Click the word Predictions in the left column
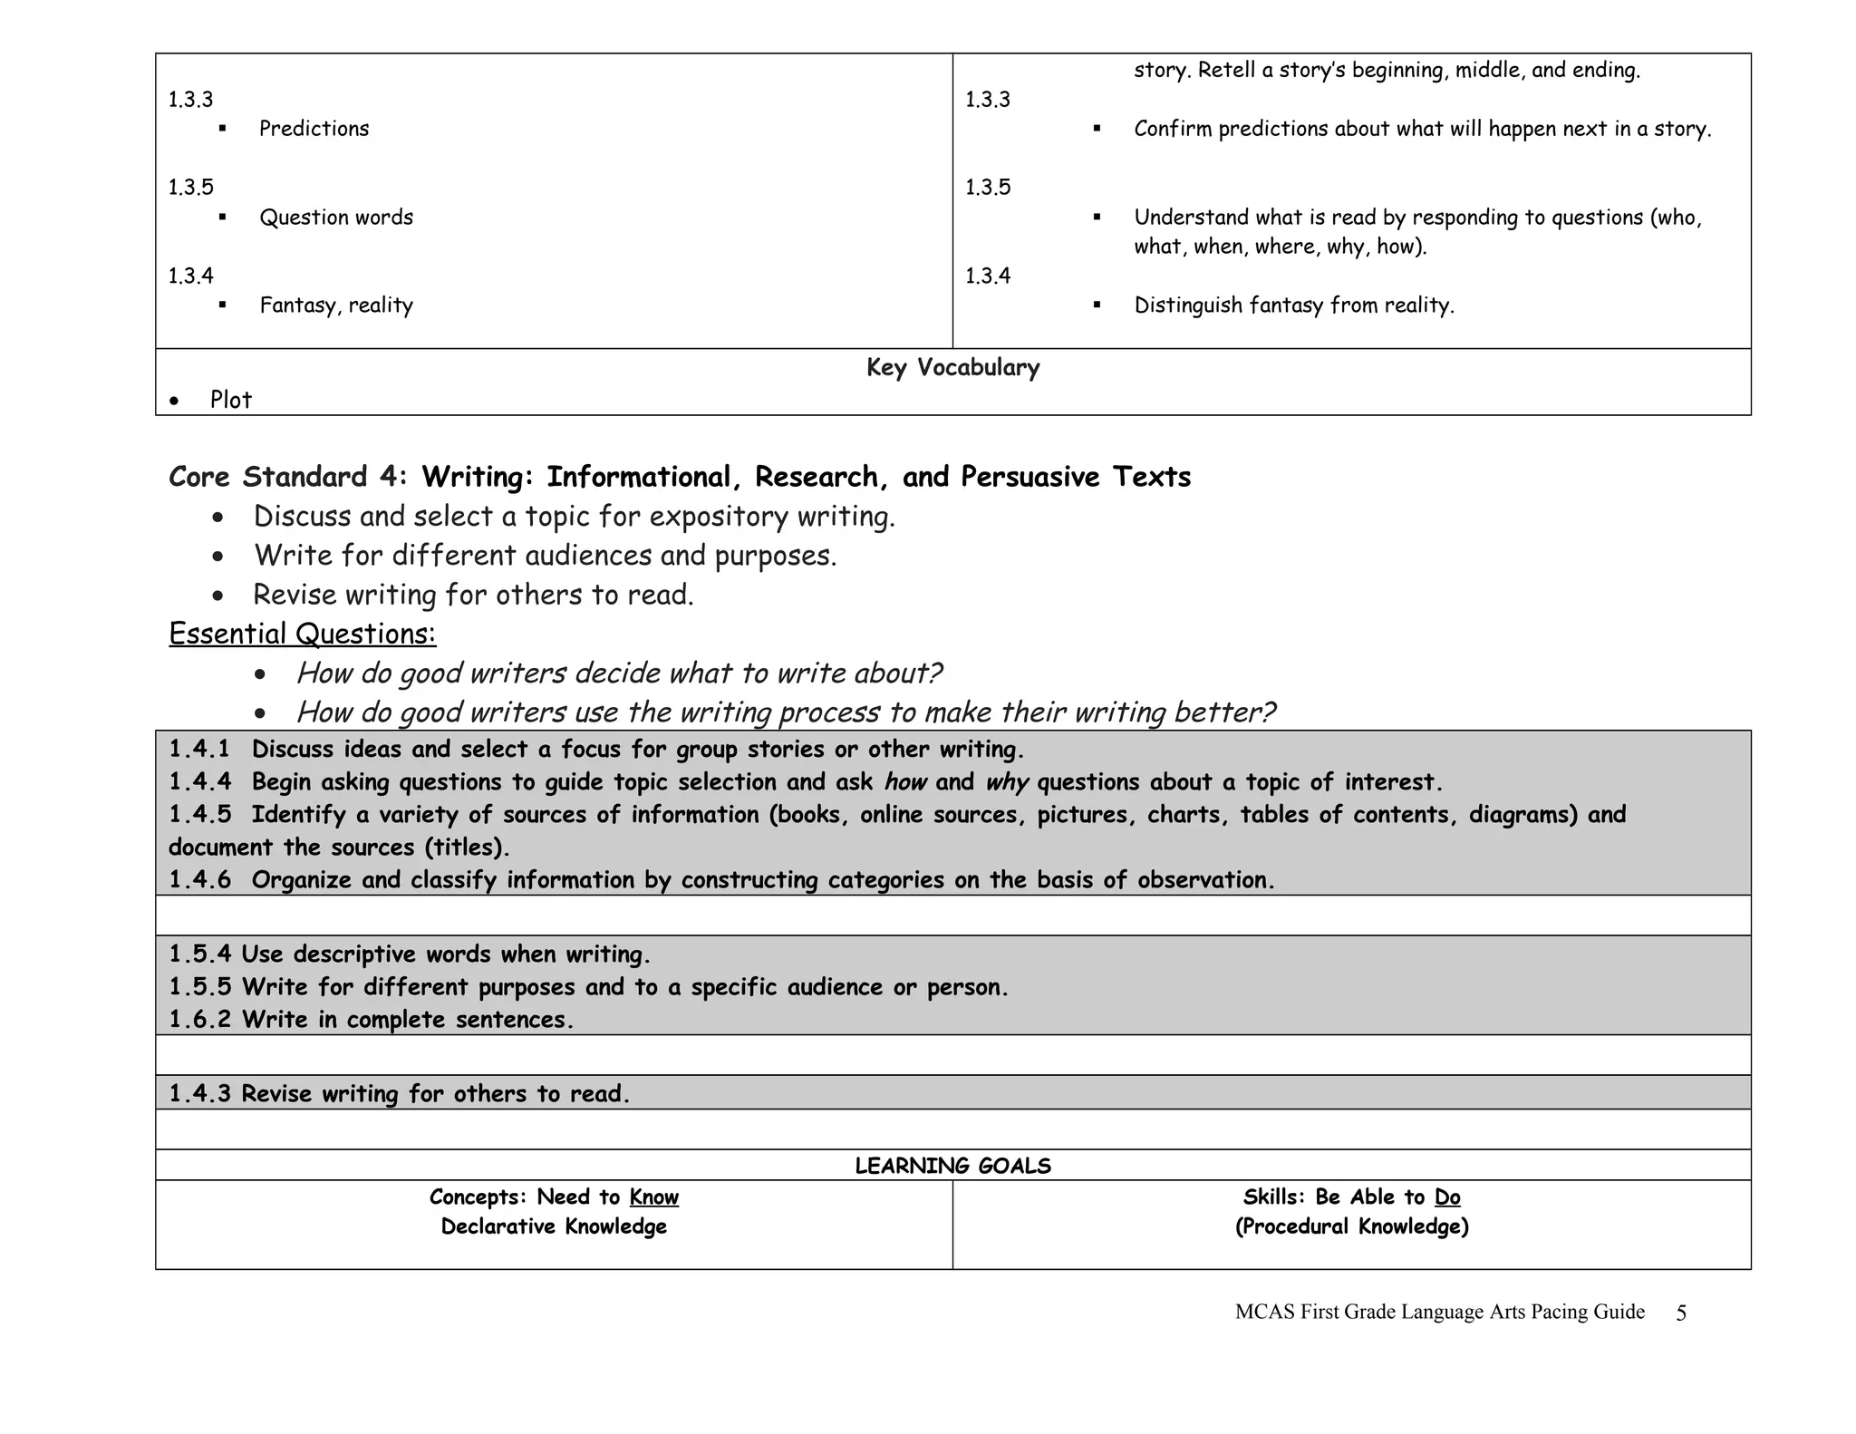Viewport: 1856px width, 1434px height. (x=314, y=129)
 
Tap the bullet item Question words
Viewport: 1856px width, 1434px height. (x=336, y=218)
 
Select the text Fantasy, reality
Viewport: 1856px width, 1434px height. (x=336, y=305)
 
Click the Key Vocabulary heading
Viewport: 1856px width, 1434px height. (x=952, y=367)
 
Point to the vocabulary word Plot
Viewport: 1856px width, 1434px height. (x=231, y=400)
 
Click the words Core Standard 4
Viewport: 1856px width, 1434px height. (x=287, y=477)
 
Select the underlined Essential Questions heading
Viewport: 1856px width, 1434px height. (x=303, y=634)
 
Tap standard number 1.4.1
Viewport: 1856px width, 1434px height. (x=199, y=750)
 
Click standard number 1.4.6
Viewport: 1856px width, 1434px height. (x=199, y=880)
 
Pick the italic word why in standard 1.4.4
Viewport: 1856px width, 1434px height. (x=1006, y=782)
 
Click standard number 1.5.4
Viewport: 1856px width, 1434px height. (x=199, y=954)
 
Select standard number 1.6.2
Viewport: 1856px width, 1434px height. (x=199, y=1020)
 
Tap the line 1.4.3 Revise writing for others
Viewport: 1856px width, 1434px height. (x=399, y=1094)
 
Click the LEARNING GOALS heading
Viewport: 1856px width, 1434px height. (x=952, y=1166)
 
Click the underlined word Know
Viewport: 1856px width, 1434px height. (x=653, y=1197)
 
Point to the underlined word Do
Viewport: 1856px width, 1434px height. (x=1447, y=1197)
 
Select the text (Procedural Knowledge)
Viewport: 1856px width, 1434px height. (x=1351, y=1226)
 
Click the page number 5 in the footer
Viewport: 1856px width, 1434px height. (x=1681, y=1313)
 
